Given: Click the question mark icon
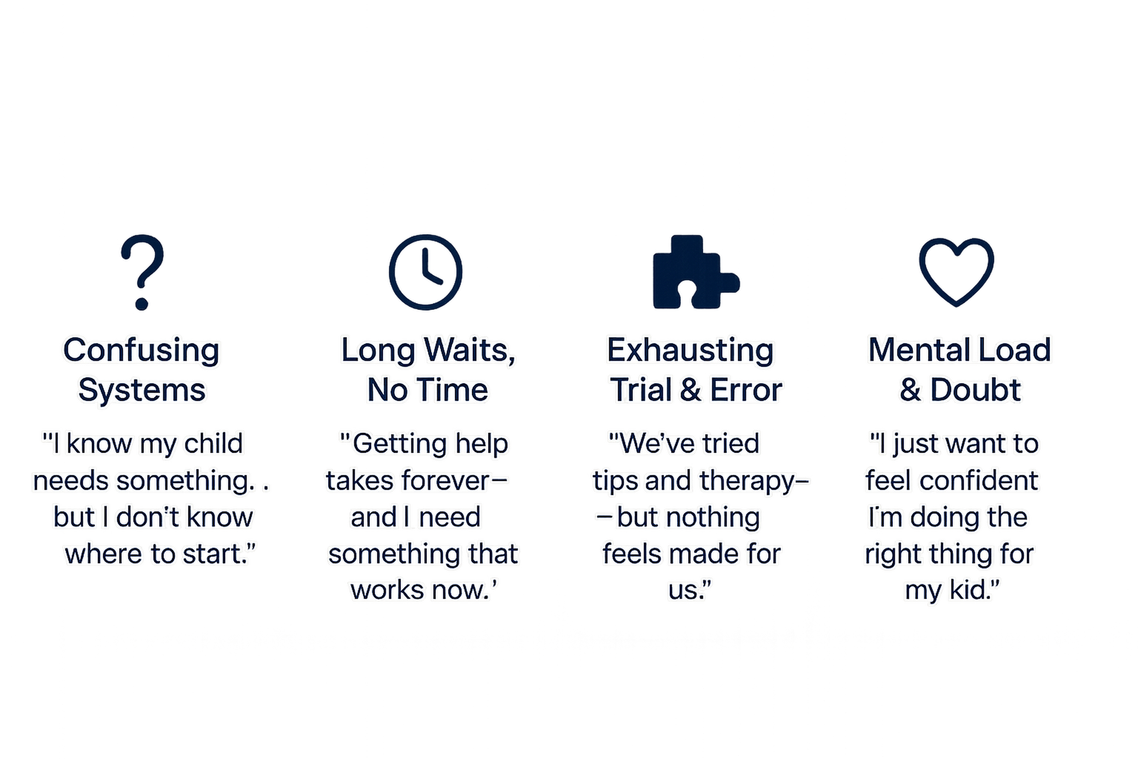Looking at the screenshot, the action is click(x=142, y=271).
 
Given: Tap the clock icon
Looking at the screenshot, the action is click(x=425, y=272).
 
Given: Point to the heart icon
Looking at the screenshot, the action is click(x=956, y=271).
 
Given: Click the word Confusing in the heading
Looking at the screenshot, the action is click(x=141, y=350).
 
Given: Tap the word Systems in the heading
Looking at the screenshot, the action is click(x=142, y=390).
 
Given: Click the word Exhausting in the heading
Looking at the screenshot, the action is click(x=690, y=350).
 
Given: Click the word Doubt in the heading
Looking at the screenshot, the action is click(x=975, y=390).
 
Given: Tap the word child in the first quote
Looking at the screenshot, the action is click(x=213, y=443).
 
